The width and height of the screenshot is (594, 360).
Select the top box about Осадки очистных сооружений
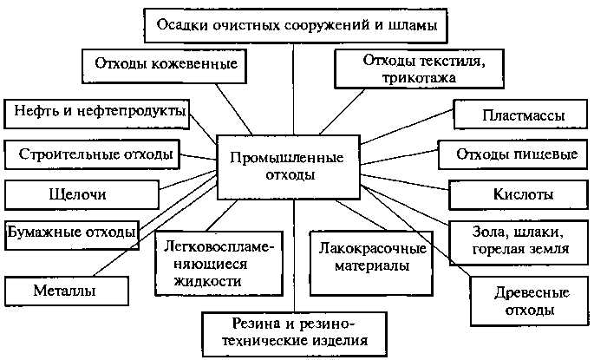pyautogui.click(x=297, y=26)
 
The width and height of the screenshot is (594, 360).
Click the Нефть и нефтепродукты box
pyautogui.click(x=95, y=112)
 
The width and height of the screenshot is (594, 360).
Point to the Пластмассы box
pyautogui.click(x=523, y=115)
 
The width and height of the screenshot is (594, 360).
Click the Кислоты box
pyautogui.click(x=523, y=193)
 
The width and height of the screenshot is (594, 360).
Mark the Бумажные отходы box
pyautogui.click(x=72, y=232)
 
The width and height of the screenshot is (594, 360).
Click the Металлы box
pyautogui.click(x=66, y=289)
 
